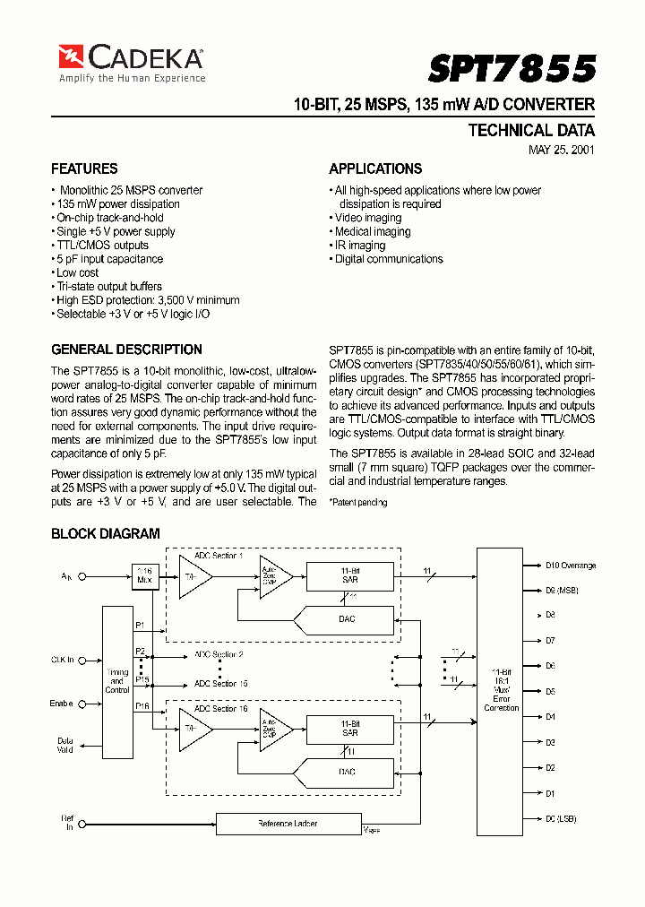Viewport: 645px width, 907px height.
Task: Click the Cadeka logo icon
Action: click(71, 56)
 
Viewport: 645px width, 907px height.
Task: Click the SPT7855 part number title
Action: click(512, 68)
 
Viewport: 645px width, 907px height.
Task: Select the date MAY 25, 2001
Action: click(562, 151)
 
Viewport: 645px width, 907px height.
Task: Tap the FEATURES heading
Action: click(84, 168)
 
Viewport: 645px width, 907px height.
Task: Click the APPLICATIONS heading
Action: click(375, 168)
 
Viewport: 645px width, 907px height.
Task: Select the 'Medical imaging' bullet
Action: click(372, 231)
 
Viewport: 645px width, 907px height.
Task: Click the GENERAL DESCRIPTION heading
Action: click(126, 350)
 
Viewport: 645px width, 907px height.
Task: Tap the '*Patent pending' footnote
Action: click(358, 503)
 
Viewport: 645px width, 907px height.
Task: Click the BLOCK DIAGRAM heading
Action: click(106, 534)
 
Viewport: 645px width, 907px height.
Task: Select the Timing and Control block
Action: click(117, 681)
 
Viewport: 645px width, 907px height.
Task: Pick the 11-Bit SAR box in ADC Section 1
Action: click(350, 574)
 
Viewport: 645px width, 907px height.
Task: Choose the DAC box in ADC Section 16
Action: click(348, 772)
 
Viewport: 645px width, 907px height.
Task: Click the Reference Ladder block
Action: click(288, 823)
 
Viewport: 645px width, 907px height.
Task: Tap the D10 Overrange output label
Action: click(571, 566)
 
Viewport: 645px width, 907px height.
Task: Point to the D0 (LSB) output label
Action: click(561, 819)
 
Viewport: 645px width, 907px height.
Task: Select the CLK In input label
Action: click(61, 660)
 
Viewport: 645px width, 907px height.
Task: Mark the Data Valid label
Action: click(65, 746)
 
